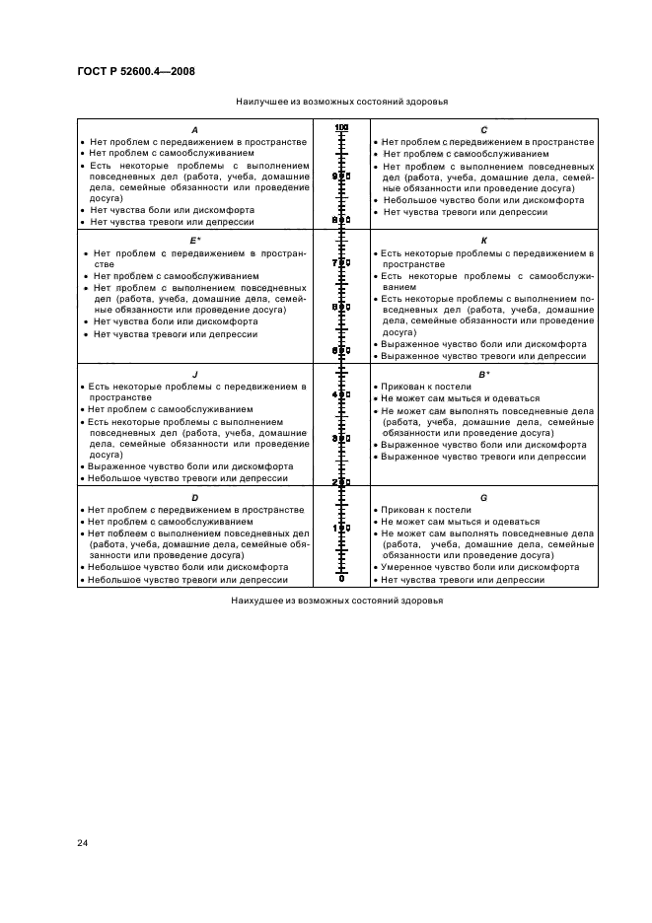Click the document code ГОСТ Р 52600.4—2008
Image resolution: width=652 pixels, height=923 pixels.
coord(135,70)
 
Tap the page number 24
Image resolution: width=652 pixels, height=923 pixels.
coord(82,842)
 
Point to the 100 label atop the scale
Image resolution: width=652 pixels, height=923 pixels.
coord(341,129)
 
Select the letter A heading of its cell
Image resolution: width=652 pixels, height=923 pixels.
coord(194,130)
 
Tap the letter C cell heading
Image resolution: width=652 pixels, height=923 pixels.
coord(483,130)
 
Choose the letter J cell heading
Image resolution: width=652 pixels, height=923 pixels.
coord(194,375)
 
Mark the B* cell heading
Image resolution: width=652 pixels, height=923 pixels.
coord(483,375)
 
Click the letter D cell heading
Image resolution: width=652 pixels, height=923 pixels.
coord(194,498)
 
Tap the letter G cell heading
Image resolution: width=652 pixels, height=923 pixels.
coord(483,498)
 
